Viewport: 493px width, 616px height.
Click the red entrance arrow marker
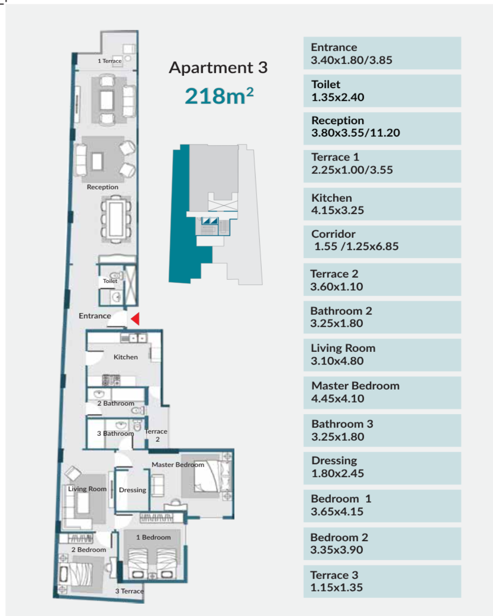pyautogui.click(x=136, y=318)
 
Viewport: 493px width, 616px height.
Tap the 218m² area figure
pyautogui.click(x=219, y=96)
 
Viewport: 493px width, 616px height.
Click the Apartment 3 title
pyautogui.click(x=218, y=68)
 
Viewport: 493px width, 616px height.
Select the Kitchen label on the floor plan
pyautogui.click(x=126, y=357)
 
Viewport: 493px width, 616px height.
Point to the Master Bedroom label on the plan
pyautogui.click(x=178, y=465)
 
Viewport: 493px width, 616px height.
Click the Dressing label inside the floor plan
pyautogui.click(x=133, y=490)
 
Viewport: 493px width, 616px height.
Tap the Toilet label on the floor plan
pyautogui.click(x=110, y=281)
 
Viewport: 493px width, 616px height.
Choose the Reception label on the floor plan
pyautogui.click(x=103, y=187)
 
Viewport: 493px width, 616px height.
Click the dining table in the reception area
pyautogui.click(x=116, y=219)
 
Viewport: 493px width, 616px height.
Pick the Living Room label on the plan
pyautogui.click(x=87, y=489)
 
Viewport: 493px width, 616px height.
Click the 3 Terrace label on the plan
pyautogui.click(x=130, y=591)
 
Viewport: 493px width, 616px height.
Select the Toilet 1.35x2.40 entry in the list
pyautogui.click(x=382, y=91)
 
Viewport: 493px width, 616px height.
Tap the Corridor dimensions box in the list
pyautogui.click(x=382, y=241)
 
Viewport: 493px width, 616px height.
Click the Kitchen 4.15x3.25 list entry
pyautogui.click(x=382, y=204)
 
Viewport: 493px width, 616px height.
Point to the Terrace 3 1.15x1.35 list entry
pyautogui.click(x=382, y=581)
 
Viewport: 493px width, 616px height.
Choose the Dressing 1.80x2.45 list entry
pyautogui.click(x=382, y=468)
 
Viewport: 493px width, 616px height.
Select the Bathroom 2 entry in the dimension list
pyautogui.click(x=382, y=317)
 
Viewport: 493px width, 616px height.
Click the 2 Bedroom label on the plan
pyautogui.click(x=89, y=549)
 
